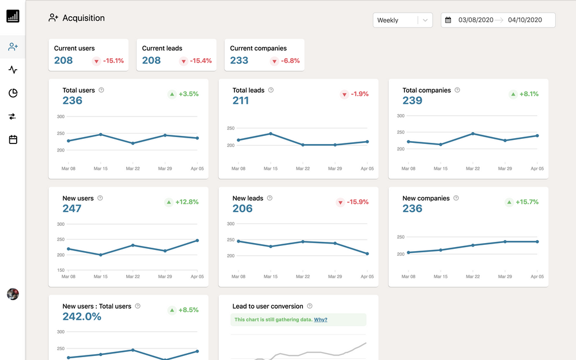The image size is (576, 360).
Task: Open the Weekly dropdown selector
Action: click(x=403, y=20)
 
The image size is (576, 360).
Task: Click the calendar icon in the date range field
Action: click(x=448, y=20)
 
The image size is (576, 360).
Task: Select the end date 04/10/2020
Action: click(x=525, y=20)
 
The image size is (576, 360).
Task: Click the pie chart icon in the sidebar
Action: click(x=13, y=93)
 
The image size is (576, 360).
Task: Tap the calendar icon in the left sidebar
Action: click(x=13, y=139)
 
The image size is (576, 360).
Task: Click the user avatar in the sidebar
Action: click(x=13, y=294)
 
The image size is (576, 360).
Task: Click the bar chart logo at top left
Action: click(x=13, y=16)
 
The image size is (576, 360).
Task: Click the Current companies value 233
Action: click(x=239, y=60)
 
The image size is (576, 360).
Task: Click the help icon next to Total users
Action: click(x=101, y=90)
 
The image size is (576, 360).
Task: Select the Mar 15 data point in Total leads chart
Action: click(x=270, y=134)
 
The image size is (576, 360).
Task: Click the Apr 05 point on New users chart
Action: click(x=197, y=240)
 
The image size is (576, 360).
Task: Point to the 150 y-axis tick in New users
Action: click(x=60, y=270)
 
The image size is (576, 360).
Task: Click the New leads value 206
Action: click(x=242, y=209)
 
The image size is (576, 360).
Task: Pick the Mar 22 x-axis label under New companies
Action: click(x=473, y=276)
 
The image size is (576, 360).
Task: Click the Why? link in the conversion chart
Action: click(x=320, y=320)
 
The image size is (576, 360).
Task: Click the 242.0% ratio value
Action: click(x=82, y=316)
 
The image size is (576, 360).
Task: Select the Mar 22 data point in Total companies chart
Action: click(x=473, y=134)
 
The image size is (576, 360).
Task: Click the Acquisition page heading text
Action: click(x=84, y=18)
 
